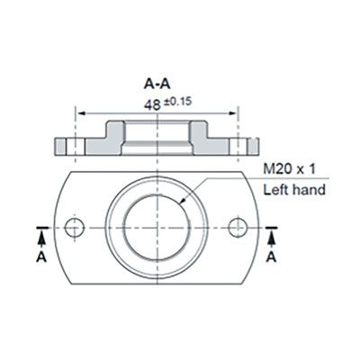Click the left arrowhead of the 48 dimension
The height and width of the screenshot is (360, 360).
(x=81, y=113)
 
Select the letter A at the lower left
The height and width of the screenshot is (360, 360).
(x=40, y=256)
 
